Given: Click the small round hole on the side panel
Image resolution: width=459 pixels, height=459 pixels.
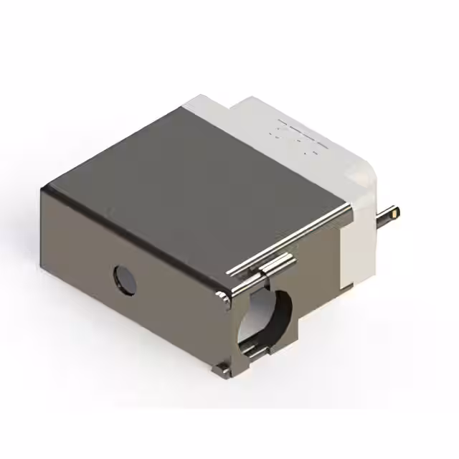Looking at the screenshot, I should pyautogui.click(x=124, y=279).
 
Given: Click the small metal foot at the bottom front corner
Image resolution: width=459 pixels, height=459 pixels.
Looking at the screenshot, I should pyautogui.click(x=219, y=369).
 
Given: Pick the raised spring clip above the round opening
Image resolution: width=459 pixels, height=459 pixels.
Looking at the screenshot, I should pyautogui.click(x=276, y=265).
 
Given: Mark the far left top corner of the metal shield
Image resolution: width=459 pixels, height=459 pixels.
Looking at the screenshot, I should pyautogui.click(x=43, y=187).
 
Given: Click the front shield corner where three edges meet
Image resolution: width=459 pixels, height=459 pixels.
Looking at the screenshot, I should pyautogui.click(x=229, y=294).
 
